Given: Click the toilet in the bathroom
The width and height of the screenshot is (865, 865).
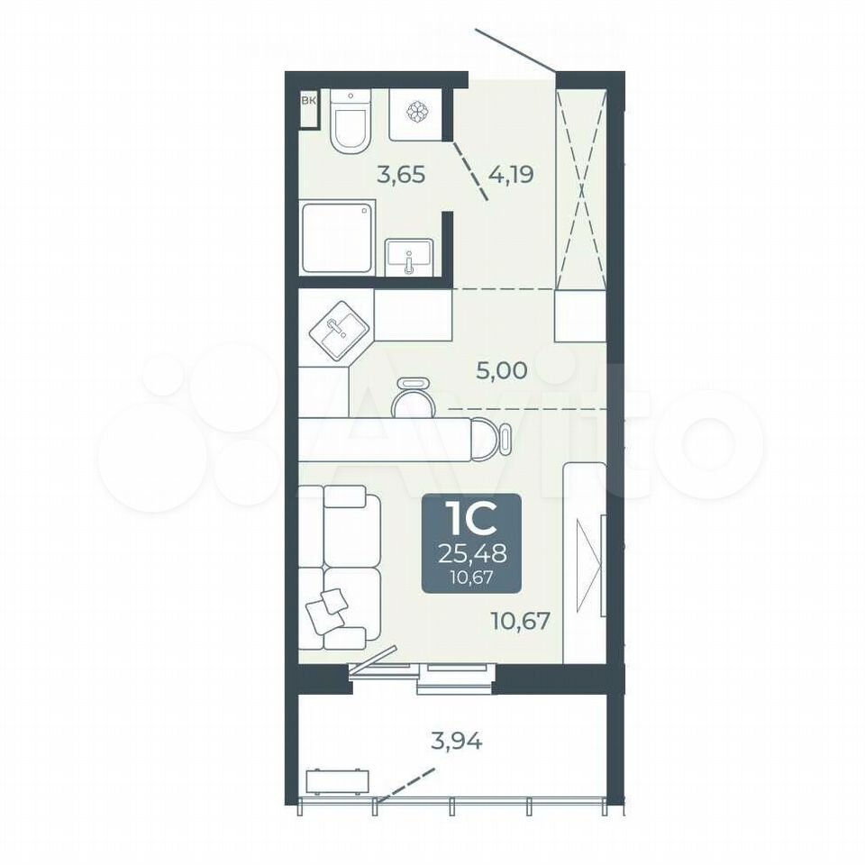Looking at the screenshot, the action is pos(351,122).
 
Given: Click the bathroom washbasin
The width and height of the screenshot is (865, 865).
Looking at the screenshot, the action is pos(409,258).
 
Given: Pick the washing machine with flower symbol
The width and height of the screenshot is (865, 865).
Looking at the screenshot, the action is pos(417,114).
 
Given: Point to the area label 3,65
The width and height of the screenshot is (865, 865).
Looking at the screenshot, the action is pos(401,175).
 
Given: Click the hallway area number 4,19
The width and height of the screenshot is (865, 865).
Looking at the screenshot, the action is pos(511,175).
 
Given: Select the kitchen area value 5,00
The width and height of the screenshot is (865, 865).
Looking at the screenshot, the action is pos(502,370).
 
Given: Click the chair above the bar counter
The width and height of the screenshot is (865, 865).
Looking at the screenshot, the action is pos(414,397).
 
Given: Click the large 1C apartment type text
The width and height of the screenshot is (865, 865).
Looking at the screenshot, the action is pos(470,520).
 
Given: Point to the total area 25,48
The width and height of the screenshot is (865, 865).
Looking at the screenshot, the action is pos(472,553).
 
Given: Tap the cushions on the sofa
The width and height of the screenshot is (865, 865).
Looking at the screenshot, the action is pos(326,610).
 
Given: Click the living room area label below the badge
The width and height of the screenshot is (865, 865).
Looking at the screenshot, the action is pos(521,622).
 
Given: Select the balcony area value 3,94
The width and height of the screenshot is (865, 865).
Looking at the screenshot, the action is pos(457,741).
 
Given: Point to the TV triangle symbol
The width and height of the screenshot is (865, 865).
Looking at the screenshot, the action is pos(589,565).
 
